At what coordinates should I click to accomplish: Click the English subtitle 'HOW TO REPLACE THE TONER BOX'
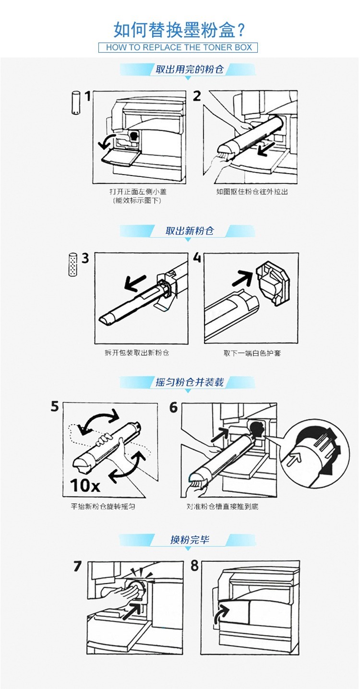pyautogui.click(x=179, y=48)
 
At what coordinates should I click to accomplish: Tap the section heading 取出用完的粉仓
pyautogui.click(x=190, y=69)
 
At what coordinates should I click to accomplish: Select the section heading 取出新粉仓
pyautogui.click(x=190, y=231)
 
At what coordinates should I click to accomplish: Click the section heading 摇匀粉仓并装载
pyautogui.click(x=190, y=382)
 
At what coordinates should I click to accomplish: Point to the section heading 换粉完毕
pyautogui.click(x=190, y=539)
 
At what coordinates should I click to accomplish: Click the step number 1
pyautogui.click(x=88, y=96)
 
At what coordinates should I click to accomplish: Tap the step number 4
pyautogui.click(x=197, y=258)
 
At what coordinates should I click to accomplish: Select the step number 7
pyautogui.click(x=77, y=566)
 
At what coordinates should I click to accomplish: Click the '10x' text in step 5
pyautogui.click(x=85, y=485)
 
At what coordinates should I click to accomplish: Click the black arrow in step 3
pyautogui.click(x=135, y=283)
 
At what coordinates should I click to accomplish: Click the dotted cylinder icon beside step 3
pyautogui.click(x=72, y=264)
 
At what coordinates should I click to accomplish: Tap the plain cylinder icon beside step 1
pyautogui.click(x=76, y=102)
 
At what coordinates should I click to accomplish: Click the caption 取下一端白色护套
pyautogui.click(x=252, y=353)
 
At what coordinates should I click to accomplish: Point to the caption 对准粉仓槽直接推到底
pyautogui.click(x=222, y=506)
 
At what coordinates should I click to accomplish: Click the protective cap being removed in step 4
pyautogui.click(x=273, y=283)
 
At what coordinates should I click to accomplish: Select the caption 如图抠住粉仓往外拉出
pyautogui.click(x=252, y=191)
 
